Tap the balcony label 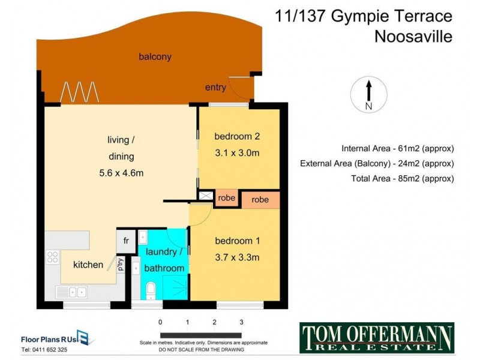tap(155, 57)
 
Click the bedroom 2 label tap(237, 136)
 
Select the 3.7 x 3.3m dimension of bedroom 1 tap(237, 258)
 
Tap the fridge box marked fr tap(127, 241)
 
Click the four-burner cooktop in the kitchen tap(53, 258)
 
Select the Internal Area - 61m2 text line tap(397, 148)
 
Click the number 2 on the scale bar tap(214, 322)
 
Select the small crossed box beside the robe tap(206, 196)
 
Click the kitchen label tap(88, 265)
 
